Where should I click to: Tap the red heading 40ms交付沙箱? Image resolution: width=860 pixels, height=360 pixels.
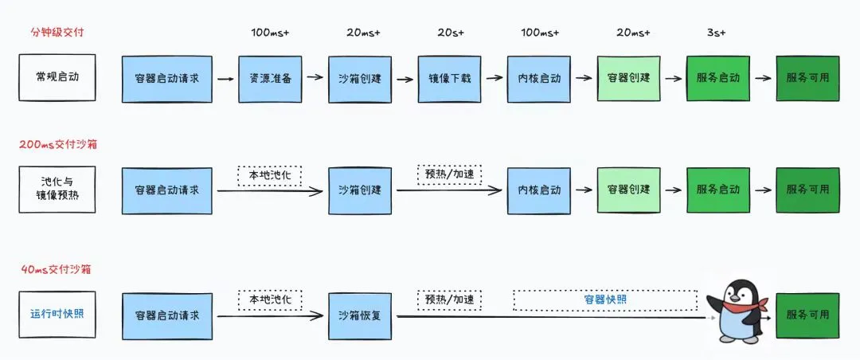[x=57, y=269]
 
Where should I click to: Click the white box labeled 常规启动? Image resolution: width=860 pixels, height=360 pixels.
[x=57, y=78]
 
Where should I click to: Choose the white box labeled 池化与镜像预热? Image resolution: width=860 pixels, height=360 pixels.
[x=57, y=190]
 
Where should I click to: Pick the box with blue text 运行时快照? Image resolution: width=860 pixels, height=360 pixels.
[x=57, y=313]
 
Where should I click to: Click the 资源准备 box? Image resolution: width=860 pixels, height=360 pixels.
[x=270, y=79]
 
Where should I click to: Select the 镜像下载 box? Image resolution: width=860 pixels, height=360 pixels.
[x=449, y=79]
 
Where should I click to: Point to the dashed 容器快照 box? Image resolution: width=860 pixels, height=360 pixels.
[x=605, y=299]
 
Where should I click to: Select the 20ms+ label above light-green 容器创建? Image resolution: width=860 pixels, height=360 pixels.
[x=632, y=33]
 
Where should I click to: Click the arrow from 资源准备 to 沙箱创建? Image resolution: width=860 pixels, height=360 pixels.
[x=315, y=79]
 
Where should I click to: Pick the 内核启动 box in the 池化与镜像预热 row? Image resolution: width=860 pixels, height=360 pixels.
[x=539, y=190]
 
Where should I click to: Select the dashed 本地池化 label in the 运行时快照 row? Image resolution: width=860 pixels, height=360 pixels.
[x=270, y=299]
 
